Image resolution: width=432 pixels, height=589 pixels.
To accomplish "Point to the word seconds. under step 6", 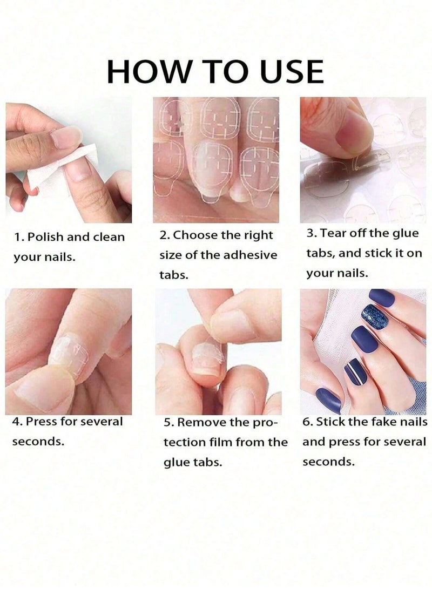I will click(x=328, y=462).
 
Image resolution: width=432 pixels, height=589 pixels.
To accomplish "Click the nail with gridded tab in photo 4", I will click(x=69, y=355).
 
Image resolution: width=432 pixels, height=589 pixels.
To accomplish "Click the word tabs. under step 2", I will click(x=173, y=275).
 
